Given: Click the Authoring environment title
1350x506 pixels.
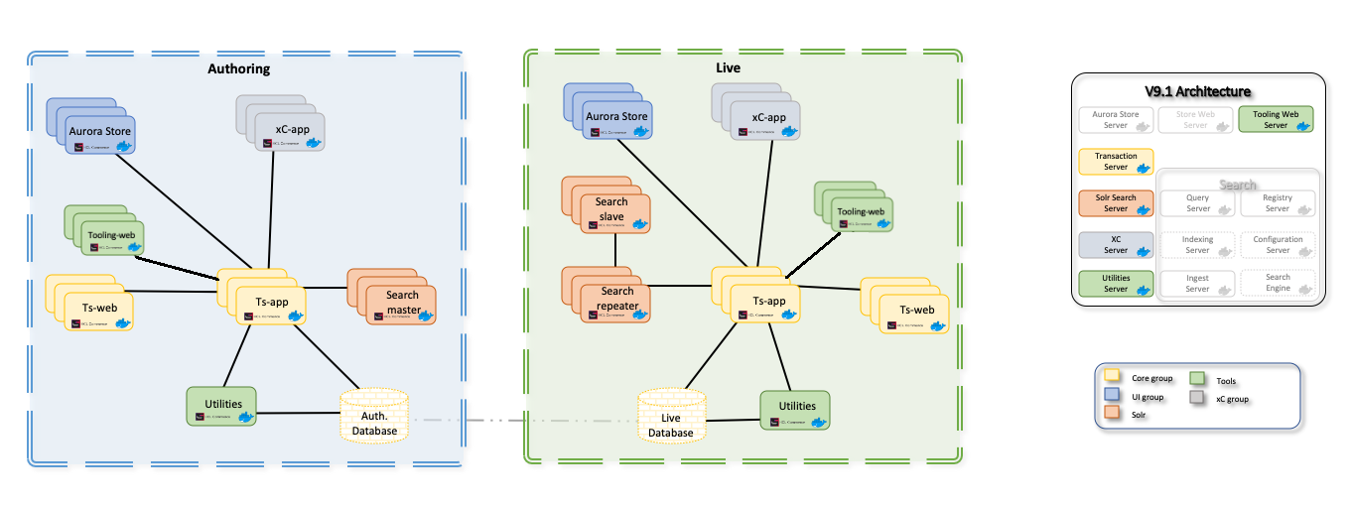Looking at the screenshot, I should pos(238,69).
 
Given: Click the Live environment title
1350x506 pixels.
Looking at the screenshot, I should pos(728,67).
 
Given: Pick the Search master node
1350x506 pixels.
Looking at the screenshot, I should pos(402,302).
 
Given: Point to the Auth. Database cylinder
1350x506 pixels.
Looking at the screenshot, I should pos(374,416).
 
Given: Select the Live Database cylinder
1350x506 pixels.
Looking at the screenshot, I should pos(672,417).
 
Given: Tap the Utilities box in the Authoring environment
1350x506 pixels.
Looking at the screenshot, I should pos(221,406).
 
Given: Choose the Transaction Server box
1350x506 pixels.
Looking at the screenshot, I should pos(1117,162).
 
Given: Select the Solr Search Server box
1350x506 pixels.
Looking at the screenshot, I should pos(1117,202).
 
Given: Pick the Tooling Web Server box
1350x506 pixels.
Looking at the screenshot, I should pos(1277,120).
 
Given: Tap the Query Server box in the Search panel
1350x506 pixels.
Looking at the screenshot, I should pos(1197,202).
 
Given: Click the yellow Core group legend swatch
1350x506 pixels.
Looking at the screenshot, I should pos(1114,376).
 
